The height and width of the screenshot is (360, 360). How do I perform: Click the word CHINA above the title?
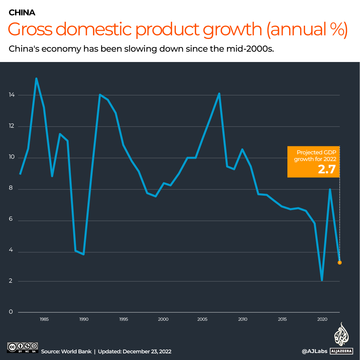[22, 13]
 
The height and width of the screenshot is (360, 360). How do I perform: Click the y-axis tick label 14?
[12, 95]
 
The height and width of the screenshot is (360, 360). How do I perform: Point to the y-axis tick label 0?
[11, 312]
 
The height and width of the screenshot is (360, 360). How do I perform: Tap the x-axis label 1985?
[44, 319]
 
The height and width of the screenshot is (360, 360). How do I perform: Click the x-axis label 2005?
[202, 319]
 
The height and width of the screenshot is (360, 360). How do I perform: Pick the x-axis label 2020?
[322, 319]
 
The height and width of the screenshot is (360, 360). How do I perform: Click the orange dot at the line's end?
[340, 263]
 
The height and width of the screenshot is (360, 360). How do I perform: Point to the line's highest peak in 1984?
[36, 79]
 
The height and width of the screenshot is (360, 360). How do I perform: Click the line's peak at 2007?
[219, 94]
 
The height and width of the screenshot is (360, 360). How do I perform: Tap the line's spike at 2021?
[330, 189]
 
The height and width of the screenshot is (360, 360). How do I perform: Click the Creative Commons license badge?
[22, 347]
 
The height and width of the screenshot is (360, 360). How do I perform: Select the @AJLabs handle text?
[314, 351]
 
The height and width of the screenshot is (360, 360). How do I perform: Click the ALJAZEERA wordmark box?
[342, 351]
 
